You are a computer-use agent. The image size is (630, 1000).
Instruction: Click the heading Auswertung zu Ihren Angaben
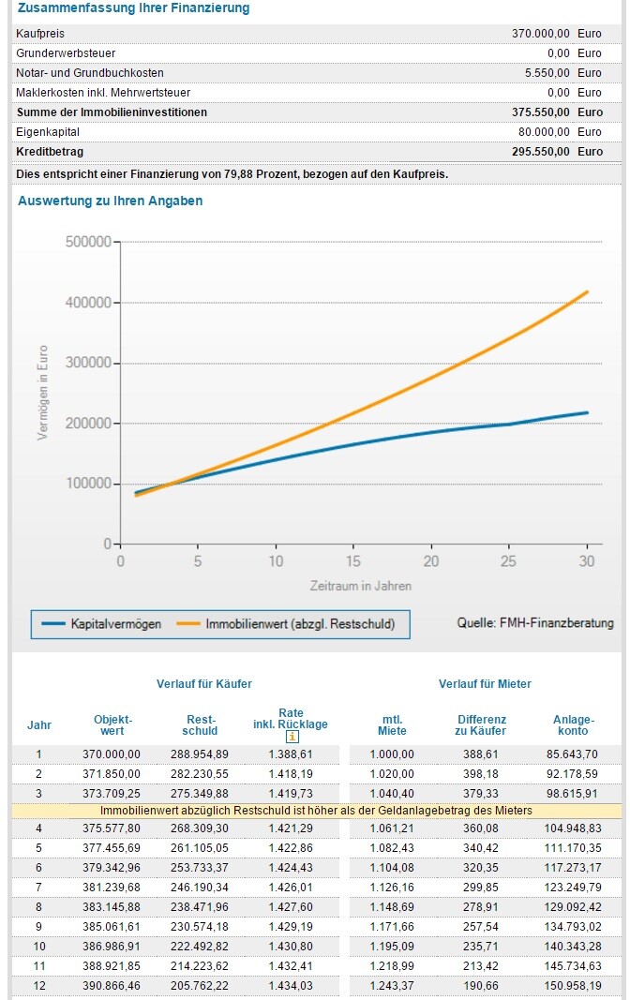point(110,201)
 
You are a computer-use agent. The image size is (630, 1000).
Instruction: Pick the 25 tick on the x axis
point(509,560)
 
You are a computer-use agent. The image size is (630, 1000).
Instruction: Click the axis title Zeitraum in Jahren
point(361,586)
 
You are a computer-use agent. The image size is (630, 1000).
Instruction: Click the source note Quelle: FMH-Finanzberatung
point(535,622)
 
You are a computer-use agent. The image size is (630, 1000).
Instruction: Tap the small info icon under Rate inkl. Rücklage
point(292,738)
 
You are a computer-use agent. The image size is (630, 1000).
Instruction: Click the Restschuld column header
point(200,724)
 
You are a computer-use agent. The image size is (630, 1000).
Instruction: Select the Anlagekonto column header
point(574,724)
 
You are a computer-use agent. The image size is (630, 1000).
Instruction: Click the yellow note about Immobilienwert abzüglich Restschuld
point(316,811)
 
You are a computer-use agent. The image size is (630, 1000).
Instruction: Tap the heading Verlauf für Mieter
point(485,684)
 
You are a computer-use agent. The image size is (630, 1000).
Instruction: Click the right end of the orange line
point(587,291)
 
